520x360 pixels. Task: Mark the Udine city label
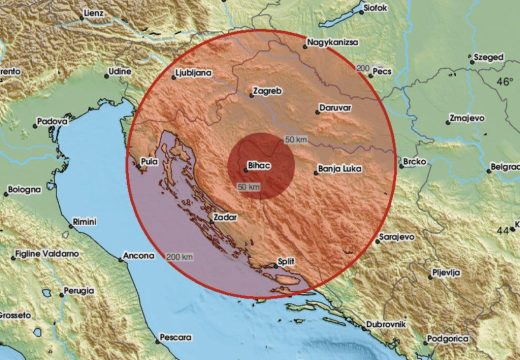pyautogui.click(x=119, y=72)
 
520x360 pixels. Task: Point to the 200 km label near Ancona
pyautogui.click(x=181, y=258)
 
